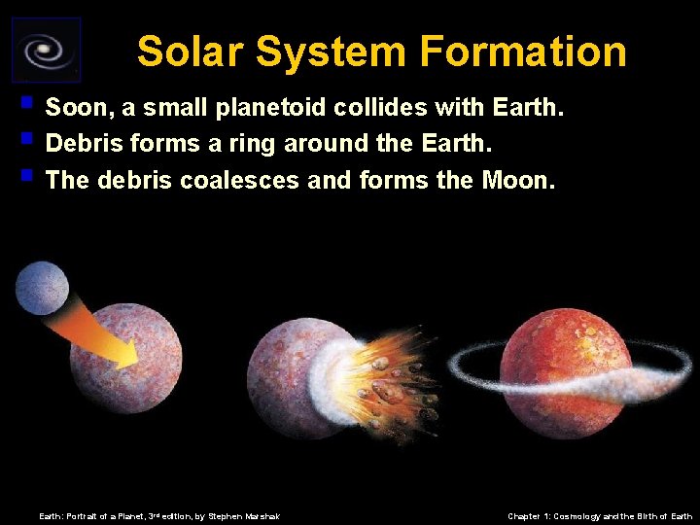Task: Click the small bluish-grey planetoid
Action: (x=42, y=289)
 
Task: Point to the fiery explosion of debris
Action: (x=389, y=379)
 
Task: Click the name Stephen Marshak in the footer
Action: (x=244, y=516)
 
